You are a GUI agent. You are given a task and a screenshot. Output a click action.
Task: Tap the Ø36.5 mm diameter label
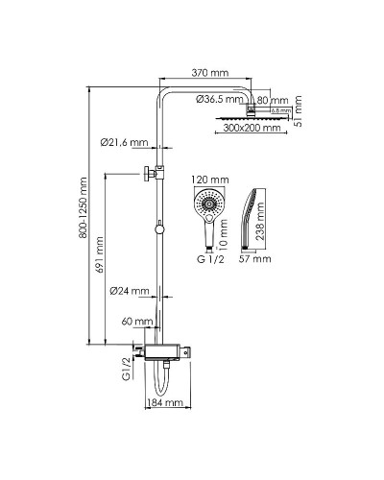[x=222, y=99]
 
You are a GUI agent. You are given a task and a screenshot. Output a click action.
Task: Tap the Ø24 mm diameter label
[x=128, y=291]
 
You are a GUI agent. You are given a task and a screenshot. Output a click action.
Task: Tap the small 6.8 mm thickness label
[x=280, y=111]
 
